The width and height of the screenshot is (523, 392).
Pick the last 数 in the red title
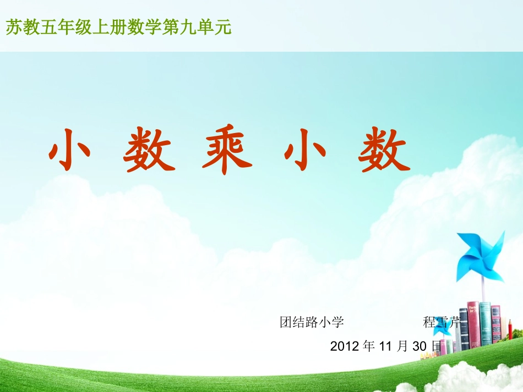384,149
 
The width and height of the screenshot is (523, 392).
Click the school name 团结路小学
312,322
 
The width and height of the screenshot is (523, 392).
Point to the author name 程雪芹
441,322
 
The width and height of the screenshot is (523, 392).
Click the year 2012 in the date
344,346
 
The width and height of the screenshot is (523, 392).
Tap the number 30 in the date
420,346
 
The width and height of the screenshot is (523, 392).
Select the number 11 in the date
386,346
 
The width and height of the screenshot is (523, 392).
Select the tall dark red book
473,324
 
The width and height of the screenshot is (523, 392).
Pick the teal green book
485,323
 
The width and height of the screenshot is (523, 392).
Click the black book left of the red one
464,329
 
